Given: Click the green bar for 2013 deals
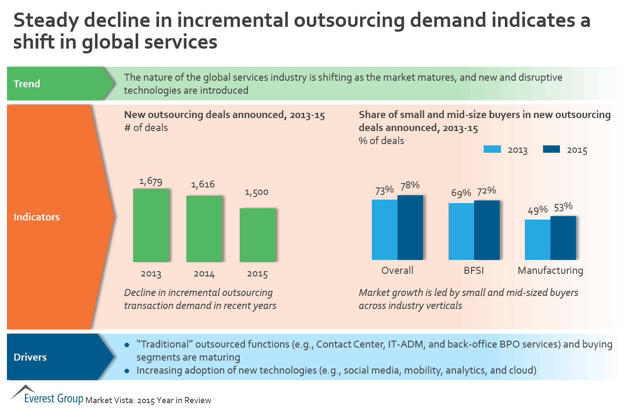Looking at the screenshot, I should point(151,225).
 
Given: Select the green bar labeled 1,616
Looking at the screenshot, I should point(204,229).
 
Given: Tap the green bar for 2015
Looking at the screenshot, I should point(257,235).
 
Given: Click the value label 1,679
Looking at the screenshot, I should point(151,181).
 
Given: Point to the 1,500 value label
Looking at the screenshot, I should point(257,192).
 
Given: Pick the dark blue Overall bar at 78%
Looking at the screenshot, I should point(410,227).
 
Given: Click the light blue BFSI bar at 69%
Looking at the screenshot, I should point(461,231).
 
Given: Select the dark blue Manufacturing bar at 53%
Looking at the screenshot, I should point(563,238).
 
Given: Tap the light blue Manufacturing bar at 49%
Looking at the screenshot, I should point(537,240).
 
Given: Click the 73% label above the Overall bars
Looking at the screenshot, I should point(384,190).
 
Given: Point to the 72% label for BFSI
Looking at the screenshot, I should point(486,191).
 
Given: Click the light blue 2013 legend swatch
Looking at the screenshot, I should point(492,149).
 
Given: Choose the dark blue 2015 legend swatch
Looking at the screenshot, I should point(551,149).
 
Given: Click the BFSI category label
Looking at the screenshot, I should point(474,270).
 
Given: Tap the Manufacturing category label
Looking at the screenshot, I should point(550,270).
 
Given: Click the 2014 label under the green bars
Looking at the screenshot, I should point(204,274).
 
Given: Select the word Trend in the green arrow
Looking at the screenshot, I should point(27,84).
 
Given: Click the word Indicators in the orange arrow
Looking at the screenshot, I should point(37,217).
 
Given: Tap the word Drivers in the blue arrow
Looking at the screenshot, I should point(30,357).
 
